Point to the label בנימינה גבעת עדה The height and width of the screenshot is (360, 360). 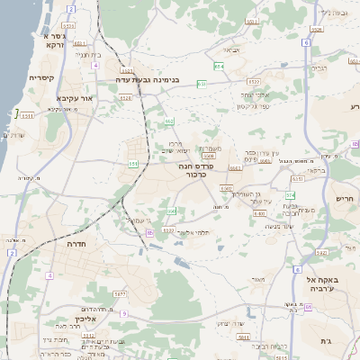pyautogui.click(x=148, y=79)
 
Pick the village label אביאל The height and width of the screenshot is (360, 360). pyautogui.click(x=231, y=50)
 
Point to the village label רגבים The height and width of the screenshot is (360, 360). pyautogui.click(x=319, y=68)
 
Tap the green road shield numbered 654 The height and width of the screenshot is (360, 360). pyautogui.click(x=219, y=66)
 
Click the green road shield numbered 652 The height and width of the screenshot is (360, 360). pyautogui.click(x=169, y=121)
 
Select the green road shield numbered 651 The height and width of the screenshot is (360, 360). pyautogui.click(x=133, y=164)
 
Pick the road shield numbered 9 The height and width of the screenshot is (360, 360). pyautogui.click(x=124, y=313)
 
